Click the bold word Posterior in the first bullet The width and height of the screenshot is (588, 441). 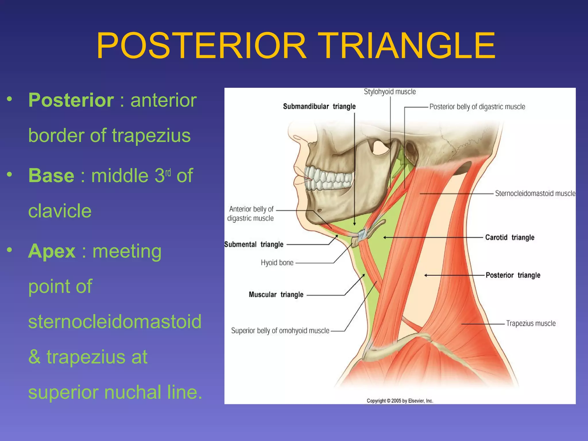(71, 100)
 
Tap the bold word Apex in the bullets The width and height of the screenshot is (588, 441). (52, 251)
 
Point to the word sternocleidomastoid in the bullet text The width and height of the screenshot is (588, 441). (115, 322)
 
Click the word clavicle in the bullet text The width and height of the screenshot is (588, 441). (60, 211)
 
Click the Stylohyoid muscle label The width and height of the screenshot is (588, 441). (390, 92)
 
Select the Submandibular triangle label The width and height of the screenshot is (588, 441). (319, 107)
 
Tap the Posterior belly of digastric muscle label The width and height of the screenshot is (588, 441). (477, 107)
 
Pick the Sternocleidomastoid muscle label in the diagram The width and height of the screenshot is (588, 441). (535, 194)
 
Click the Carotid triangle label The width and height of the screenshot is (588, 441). (510, 237)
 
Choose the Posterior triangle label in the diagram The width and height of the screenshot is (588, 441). (513, 275)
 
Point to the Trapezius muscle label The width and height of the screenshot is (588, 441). (531, 324)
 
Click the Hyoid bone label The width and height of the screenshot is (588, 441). (277, 263)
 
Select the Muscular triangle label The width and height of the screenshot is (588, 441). (276, 295)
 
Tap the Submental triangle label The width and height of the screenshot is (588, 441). (254, 244)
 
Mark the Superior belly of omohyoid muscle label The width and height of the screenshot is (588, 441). (280, 331)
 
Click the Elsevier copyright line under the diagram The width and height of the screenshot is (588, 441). (400, 401)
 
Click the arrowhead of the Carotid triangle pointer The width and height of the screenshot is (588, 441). (385, 237)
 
